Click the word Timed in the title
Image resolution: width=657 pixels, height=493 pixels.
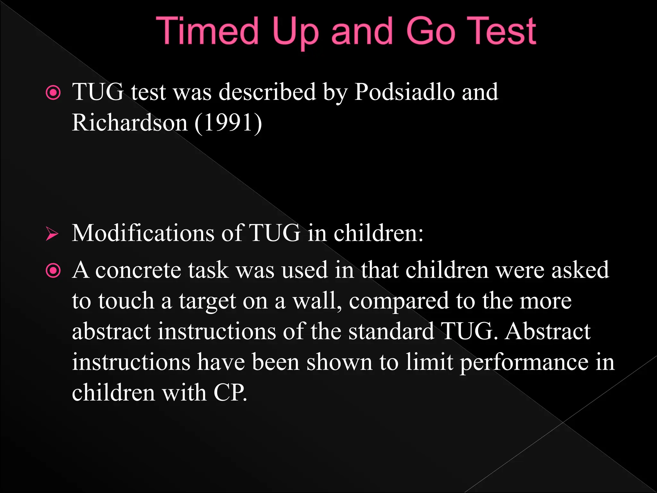pos(207,31)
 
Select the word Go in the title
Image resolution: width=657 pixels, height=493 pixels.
pos(431,31)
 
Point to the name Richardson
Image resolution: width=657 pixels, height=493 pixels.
pos(130,123)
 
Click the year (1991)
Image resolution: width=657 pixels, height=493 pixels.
pos(228,123)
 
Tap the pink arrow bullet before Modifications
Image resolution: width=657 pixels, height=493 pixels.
pos(52,234)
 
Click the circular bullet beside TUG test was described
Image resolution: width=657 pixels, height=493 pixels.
pos(53,93)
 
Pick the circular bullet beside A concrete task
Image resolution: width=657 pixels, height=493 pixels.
pos(53,271)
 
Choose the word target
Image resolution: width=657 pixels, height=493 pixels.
pos(207,301)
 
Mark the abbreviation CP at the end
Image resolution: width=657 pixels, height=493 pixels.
pos(230,393)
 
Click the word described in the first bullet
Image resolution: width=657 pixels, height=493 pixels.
pos(267,92)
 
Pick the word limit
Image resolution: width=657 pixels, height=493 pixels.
pos(429,362)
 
